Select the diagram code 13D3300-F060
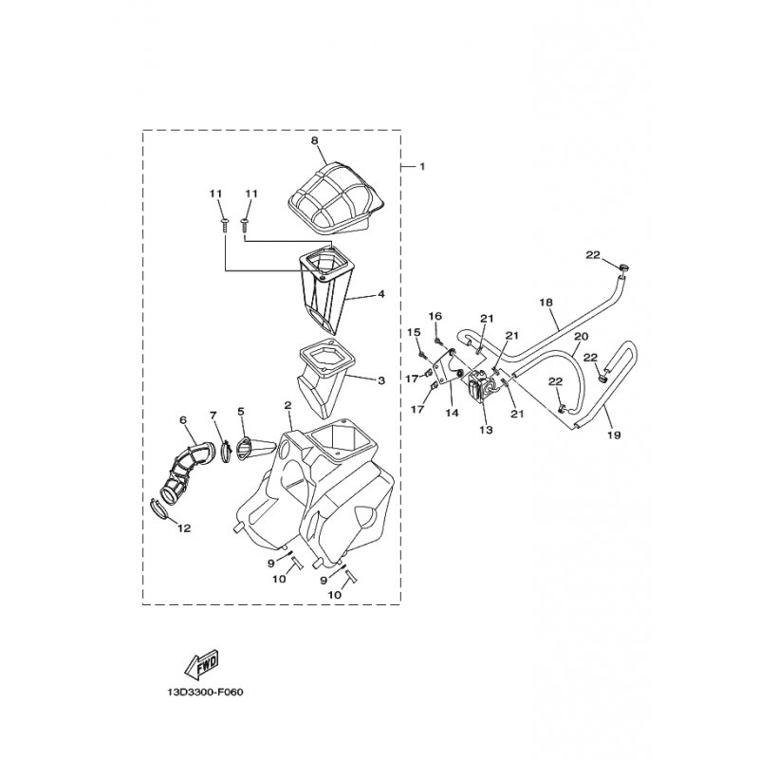pyautogui.click(x=205, y=693)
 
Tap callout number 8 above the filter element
pyautogui.click(x=315, y=140)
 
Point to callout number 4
pyautogui.click(x=381, y=294)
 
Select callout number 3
pyautogui.click(x=381, y=380)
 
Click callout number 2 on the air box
pyautogui.click(x=288, y=405)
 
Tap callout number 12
pyautogui.click(x=184, y=528)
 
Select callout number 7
pyautogui.click(x=213, y=415)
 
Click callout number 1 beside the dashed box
pyautogui.click(x=422, y=167)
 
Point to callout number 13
pyautogui.click(x=486, y=430)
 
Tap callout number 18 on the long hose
pyautogui.click(x=546, y=303)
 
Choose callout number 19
pyautogui.click(x=614, y=435)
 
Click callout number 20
pyautogui.click(x=582, y=336)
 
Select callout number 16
pyautogui.click(x=435, y=316)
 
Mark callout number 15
pyautogui.click(x=414, y=332)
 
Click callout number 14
pyautogui.click(x=452, y=414)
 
